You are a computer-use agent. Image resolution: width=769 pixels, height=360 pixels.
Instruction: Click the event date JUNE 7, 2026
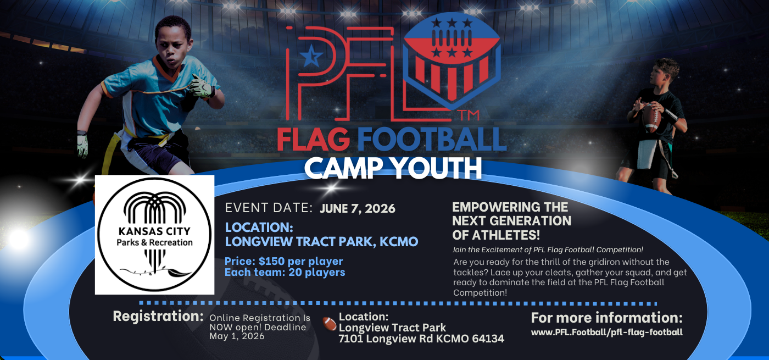tap(358, 208)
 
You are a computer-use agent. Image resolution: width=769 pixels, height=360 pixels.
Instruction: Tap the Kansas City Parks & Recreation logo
tap(154, 235)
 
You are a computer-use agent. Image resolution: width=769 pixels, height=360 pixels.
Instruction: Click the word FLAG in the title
tap(313, 139)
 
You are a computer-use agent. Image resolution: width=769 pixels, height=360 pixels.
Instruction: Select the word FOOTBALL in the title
tap(432, 139)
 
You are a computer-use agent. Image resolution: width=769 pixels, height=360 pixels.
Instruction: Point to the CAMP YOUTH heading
tap(393, 168)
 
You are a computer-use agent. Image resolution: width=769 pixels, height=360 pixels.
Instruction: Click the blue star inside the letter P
tap(311, 56)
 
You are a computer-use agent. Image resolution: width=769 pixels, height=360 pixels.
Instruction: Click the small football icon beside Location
tap(329, 324)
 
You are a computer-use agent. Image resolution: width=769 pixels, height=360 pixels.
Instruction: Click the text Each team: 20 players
tap(285, 273)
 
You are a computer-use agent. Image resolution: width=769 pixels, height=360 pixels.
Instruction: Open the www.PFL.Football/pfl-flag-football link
tap(606, 333)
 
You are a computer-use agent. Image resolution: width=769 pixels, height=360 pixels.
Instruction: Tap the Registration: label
tap(158, 317)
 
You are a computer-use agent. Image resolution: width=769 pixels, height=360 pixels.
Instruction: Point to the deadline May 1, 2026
tap(237, 336)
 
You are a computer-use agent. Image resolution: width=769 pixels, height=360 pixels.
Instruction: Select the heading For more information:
tap(606, 318)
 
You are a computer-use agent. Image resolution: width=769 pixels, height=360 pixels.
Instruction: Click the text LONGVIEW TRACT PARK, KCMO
tap(322, 242)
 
